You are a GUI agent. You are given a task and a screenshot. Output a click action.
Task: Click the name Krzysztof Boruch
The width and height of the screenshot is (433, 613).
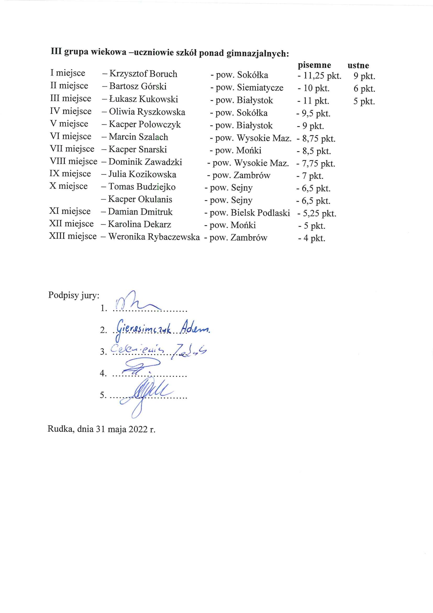[x=143, y=74]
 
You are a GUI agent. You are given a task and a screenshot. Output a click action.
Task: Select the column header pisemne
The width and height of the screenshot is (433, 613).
[x=314, y=65]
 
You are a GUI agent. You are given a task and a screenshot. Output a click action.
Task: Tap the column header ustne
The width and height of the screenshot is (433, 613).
[x=358, y=66]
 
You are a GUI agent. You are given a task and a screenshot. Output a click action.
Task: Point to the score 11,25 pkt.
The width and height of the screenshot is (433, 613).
[x=322, y=76]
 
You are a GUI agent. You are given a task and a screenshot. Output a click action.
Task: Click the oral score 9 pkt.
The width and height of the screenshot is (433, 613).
[x=364, y=76]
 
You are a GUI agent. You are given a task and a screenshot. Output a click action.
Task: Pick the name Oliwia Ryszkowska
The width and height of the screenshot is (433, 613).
[x=147, y=112]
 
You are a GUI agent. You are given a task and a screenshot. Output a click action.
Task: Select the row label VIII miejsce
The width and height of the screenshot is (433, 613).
[x=73, y=161]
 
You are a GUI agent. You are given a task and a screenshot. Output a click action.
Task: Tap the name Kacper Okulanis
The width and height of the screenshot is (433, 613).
[x=140, y=199]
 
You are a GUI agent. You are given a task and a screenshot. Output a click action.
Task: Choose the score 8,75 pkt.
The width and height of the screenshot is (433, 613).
[x=319, y=139]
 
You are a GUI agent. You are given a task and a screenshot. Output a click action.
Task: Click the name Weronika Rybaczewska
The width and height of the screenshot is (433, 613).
[x=154, y=237]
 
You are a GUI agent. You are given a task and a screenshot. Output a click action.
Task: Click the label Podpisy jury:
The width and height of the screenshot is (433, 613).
[x=74, y=295]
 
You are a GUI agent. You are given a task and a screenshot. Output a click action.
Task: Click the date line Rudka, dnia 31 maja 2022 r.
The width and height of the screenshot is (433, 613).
[x=101, y=429]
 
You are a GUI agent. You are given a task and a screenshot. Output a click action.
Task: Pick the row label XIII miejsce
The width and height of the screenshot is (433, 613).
[x=73, y=236]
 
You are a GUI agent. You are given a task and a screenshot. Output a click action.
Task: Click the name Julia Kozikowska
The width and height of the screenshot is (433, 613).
[x=142, y=174]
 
